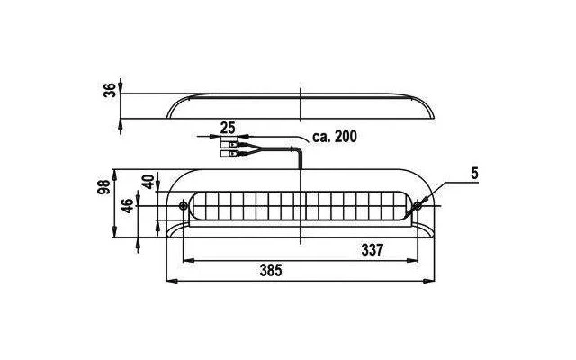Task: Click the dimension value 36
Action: point(109,90)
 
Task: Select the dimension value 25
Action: point(228,128)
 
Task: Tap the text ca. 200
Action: point(334,137)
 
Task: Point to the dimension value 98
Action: point(103,187)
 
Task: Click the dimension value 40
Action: point(148,182)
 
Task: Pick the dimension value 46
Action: point(127,206)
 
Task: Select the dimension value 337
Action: point(372,250)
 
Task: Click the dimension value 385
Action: point(271,270)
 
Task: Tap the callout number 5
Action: point(474,174)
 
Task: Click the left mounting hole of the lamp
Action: point(183,206)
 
